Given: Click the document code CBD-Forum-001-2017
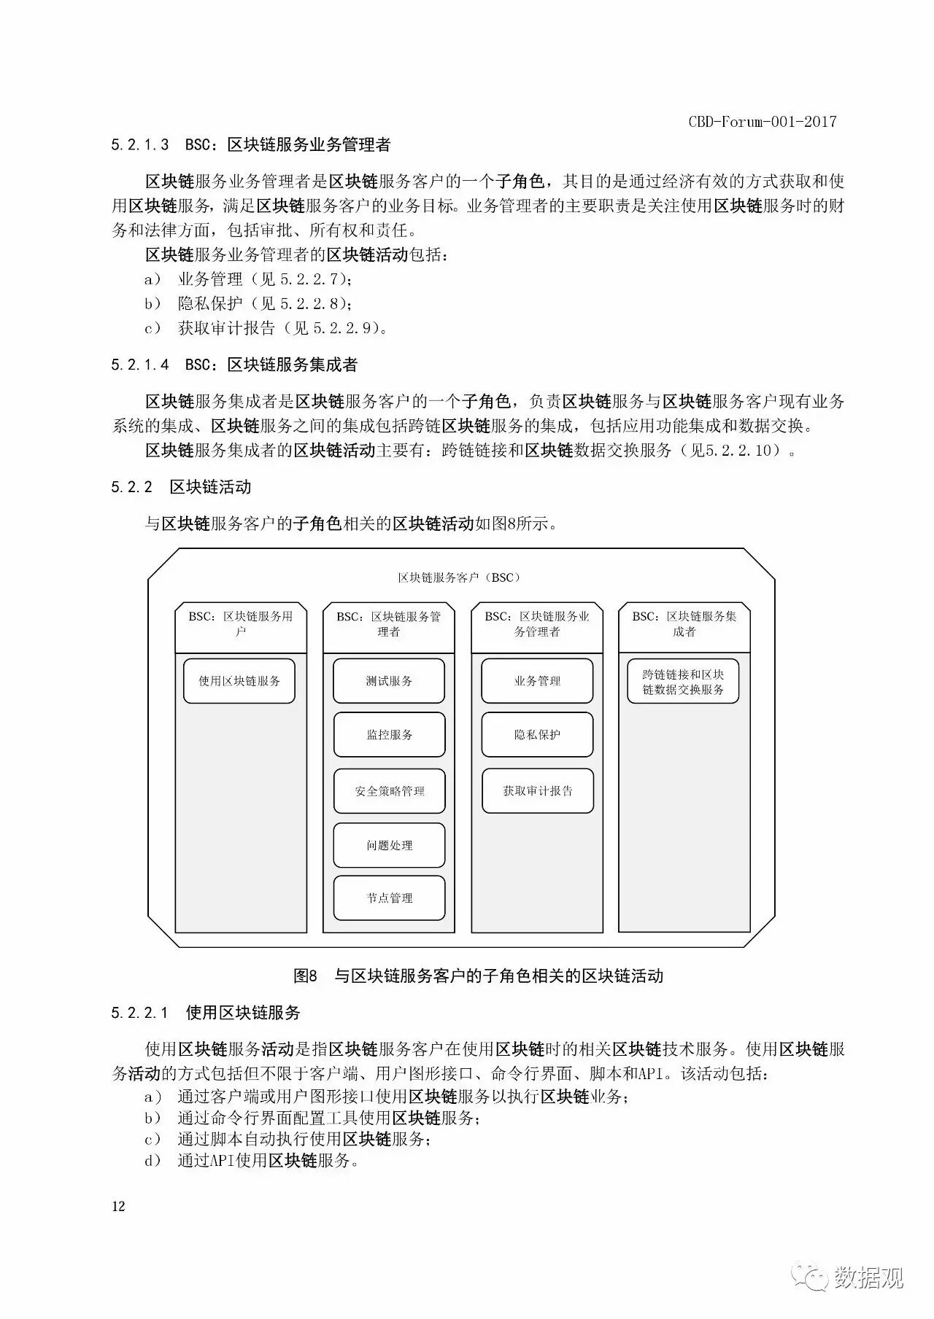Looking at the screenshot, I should click(x=762, y=122).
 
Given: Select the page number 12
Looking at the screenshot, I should click(x=118, y=1206).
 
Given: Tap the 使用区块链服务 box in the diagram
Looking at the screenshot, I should click(x=239, y=681).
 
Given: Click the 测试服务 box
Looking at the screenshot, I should click(x=389, y=681).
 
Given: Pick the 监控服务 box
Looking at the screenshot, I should click(x=389, y=735).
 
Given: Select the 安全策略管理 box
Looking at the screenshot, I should click(x=389, y=791).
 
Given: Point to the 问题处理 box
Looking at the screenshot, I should click(x=389, y=846).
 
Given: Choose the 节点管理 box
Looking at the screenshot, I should click(x=389, y=898).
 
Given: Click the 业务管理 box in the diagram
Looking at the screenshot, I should click(x=537, y=681).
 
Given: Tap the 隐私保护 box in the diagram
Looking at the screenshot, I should click(x=537, y=735).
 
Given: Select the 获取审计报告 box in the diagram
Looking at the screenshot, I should click(x=537, y=791).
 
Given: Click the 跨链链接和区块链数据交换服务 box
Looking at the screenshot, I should click(x=683, y=682).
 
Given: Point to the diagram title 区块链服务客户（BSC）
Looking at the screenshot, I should click(x=460, y=577).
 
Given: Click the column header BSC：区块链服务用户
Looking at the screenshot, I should click(x=240, y=624).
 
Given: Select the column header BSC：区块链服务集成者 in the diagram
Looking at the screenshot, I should click(x=684, y=624).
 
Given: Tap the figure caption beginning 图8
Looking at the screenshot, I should click(x=478, y=976).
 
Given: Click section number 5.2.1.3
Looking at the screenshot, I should click(x=139, y=145).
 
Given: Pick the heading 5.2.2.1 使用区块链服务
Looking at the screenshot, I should click(x=206, y=1013).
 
